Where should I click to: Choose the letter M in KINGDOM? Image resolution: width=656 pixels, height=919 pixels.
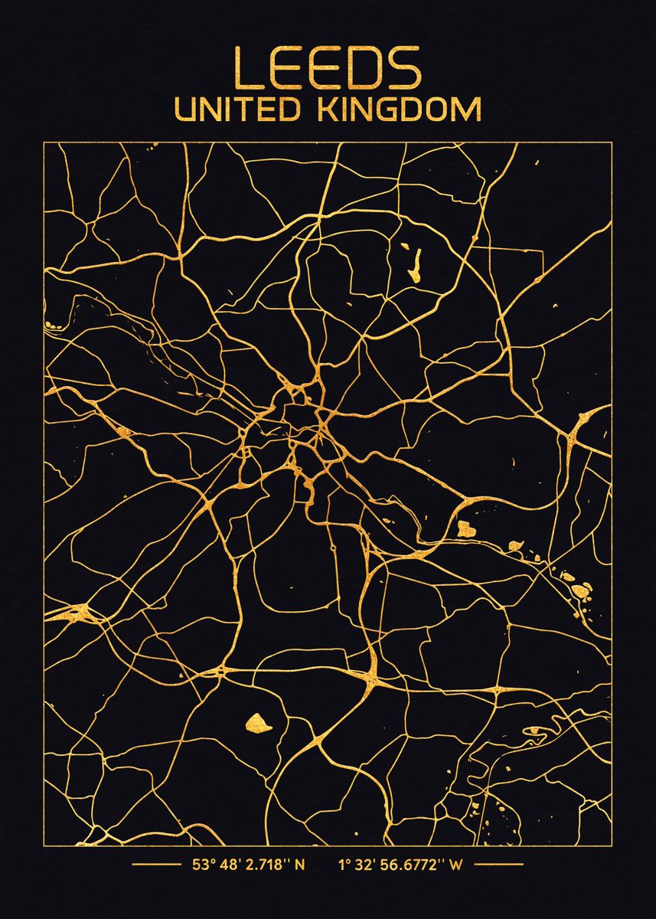point(467,110)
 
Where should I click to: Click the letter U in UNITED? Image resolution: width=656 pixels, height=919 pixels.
point(185,110)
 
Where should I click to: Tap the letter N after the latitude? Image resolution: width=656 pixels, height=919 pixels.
point(300,865)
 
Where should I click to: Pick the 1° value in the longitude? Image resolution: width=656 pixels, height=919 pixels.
point(343,865)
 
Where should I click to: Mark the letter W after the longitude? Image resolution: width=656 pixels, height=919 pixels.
point(456,865)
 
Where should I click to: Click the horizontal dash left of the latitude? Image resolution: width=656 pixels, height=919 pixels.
point(157,865)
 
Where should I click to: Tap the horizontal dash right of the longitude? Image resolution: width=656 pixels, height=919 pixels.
point(498,865)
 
